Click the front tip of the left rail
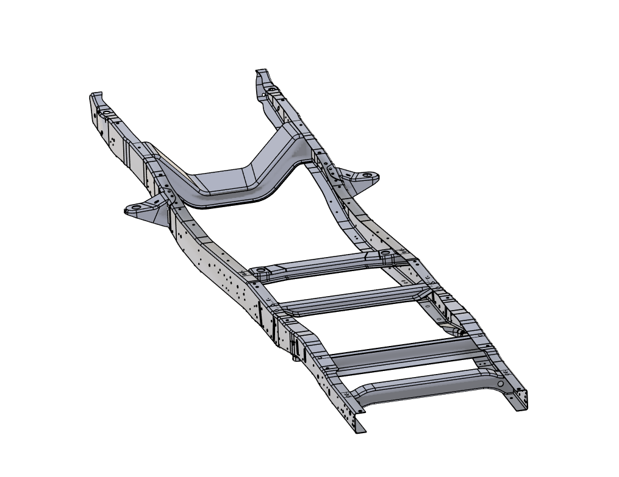[x=96, y=95]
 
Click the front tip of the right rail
[x=261, y=72]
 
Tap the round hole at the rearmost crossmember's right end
[x=501, y=384]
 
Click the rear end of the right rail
[x=521, y=402]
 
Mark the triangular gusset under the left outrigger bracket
[x=160, y=219]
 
